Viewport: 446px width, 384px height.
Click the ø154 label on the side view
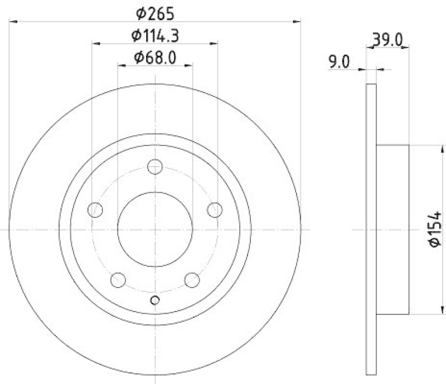pos(436,228)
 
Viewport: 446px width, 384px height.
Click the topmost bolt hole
pos(155,166)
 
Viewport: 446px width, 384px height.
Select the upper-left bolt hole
pos(96,210)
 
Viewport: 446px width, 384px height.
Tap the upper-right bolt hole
pos(214,210)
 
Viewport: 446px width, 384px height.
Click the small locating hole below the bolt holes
pos(155,301)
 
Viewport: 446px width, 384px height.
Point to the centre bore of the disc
pos(155,229)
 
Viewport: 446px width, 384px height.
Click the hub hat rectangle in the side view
pos(394,229)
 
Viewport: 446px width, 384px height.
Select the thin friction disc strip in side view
pos(372,229)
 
